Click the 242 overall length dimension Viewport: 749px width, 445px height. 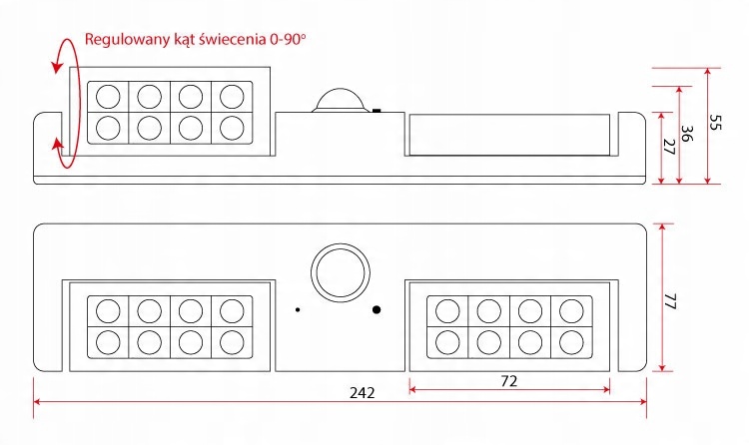363,392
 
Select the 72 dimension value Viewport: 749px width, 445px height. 509,381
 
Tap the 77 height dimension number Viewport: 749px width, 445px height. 671,301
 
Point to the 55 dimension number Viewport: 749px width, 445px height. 714,123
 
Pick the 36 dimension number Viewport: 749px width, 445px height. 686,134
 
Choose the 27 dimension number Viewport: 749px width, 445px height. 669,147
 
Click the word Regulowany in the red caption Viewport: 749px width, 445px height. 128,40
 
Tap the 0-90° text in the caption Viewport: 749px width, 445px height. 287,39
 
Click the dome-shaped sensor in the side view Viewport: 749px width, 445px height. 341,100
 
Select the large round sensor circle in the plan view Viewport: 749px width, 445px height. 341,273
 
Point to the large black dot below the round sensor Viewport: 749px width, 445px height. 376,310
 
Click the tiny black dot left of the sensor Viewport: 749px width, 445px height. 298,310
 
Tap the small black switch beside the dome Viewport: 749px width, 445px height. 376,111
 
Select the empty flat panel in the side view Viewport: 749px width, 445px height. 509,135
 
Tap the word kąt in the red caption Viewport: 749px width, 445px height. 185,40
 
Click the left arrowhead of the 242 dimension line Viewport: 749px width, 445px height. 37,401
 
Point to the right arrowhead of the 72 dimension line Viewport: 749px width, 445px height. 606,389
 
